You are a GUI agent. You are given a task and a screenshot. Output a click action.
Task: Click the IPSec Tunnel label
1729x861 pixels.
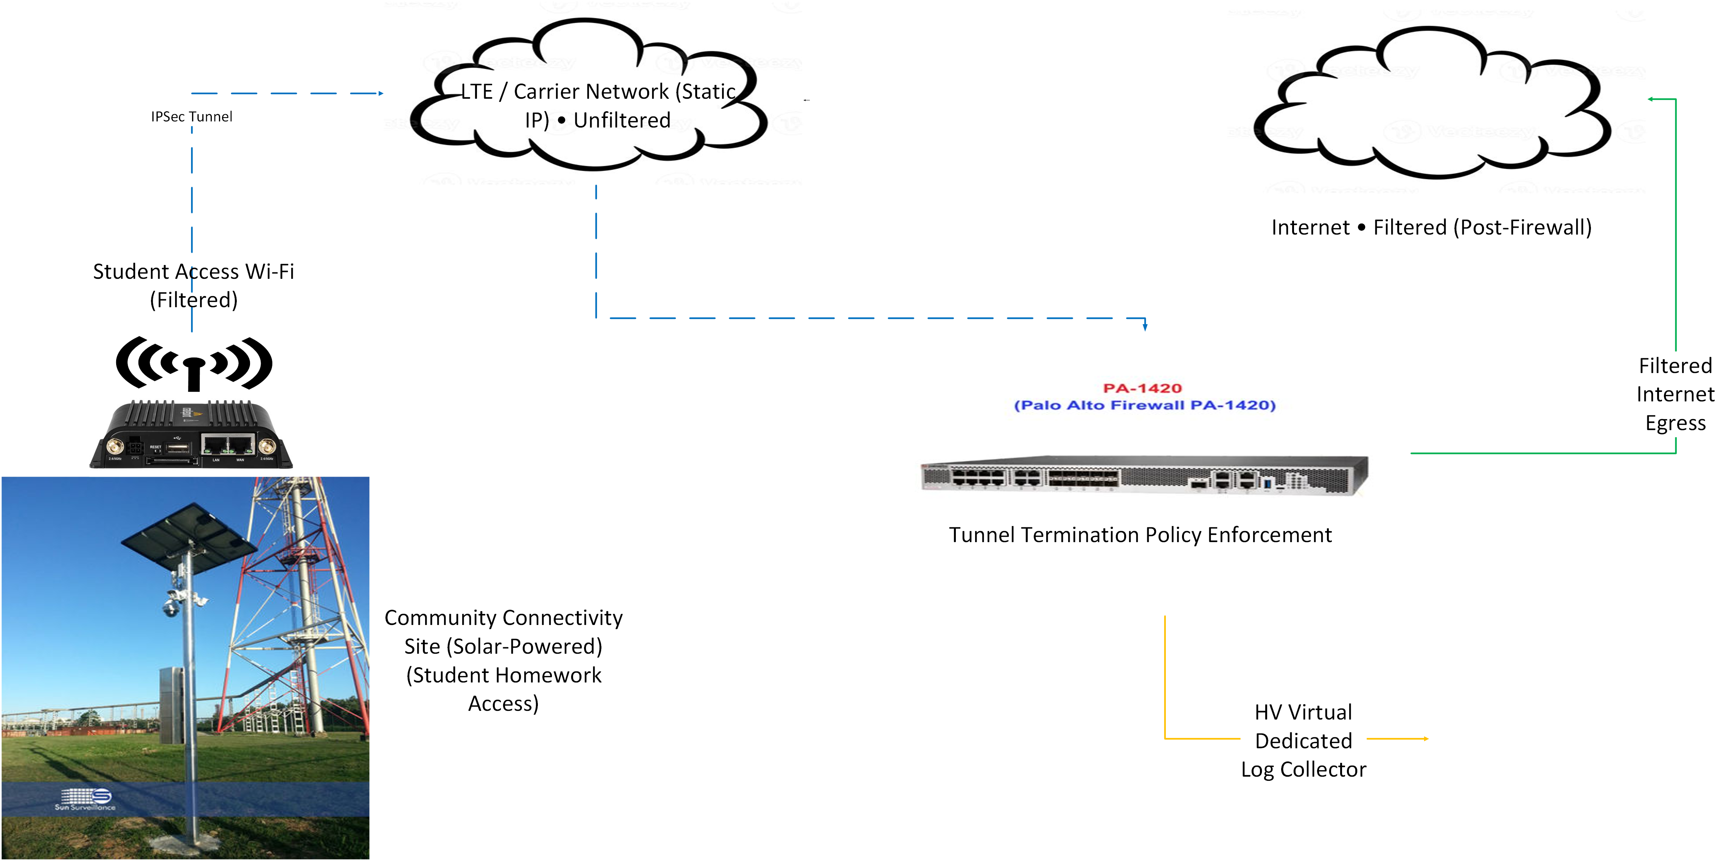click(x=191, y=117)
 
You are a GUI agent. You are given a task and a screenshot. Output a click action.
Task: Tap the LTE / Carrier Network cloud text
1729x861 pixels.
click(x=597, y=106)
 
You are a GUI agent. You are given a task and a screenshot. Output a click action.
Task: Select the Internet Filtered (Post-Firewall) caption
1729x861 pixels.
click(x=1431, y=227)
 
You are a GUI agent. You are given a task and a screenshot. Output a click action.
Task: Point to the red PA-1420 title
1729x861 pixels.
click(x=1142, y=388)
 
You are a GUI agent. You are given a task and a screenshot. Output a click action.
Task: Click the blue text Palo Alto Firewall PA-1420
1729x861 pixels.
click(x=1144, y=405)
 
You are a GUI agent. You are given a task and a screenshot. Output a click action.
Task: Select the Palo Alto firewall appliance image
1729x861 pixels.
click(x=1144, y=475)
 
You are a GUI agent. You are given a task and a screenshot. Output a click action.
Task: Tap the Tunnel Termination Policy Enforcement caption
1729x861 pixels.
click(x=1140, y=535)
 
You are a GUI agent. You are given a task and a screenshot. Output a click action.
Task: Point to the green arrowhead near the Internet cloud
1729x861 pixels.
click(x=1651, y=99)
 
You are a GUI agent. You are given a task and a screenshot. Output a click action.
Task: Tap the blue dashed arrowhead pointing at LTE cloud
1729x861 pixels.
click(x=381, y=93)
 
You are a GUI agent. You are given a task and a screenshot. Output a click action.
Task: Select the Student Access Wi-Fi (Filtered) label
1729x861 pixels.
click(x=193, y=285)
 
